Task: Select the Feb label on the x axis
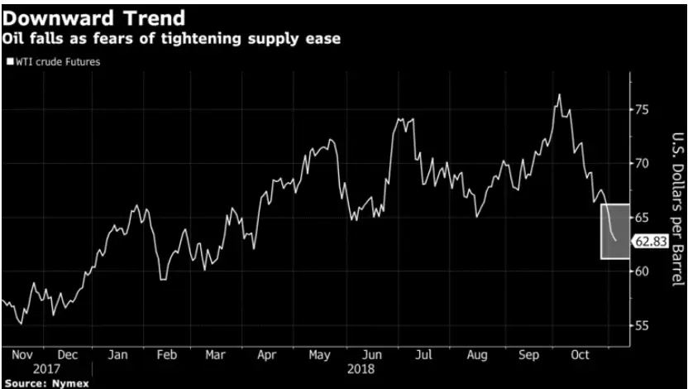click(x=167, y=354)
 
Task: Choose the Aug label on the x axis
click(x=478, y=354)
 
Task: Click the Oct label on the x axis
click(x=581, y=354)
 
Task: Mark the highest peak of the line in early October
click(x=560, y=94)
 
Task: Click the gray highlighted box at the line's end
click(x=615, y=231)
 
